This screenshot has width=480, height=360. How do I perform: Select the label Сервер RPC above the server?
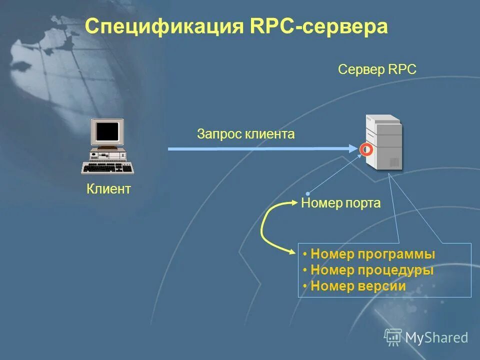[x=377, y=69]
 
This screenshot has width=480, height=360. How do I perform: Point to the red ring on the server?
[x=366, y=149]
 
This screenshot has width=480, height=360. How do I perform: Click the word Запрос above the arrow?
[x=219, y=134]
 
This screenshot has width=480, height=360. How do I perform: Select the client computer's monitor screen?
[x=107, y=131]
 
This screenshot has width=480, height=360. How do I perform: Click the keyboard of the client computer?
[x=107, y=168]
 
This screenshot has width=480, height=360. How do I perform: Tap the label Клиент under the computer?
[x=108, y=189]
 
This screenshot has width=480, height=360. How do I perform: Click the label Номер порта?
[x=341, y=203]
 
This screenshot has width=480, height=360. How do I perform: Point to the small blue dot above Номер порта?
[x=308, y=193]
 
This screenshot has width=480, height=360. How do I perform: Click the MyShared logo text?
[x=436, y=337]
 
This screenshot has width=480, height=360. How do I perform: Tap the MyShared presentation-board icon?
[x=393, y=337]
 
